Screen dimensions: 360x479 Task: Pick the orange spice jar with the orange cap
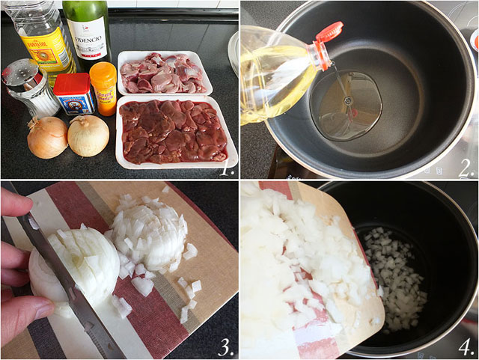(103, 88)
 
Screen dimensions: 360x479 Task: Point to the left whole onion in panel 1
(47, 137)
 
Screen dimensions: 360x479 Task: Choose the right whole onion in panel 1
(88, 135)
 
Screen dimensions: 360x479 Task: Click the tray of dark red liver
(173, 131)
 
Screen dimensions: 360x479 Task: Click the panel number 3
(227, 346)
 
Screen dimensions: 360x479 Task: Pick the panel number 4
(465, 346)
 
